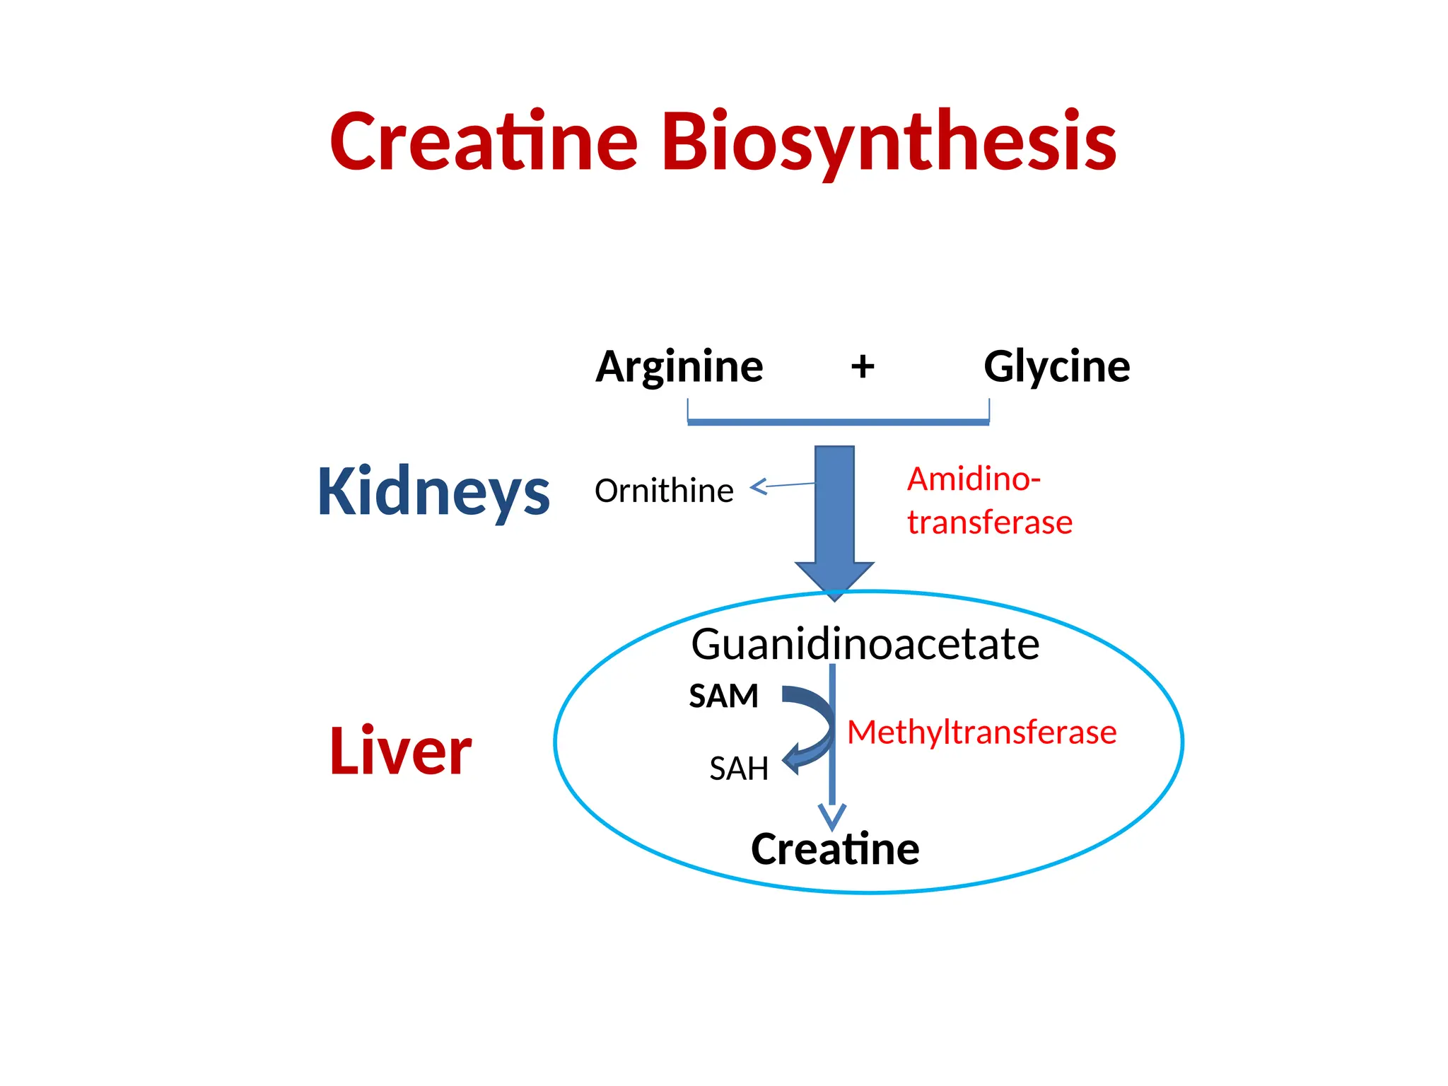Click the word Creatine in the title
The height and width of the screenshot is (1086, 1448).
(484, 142)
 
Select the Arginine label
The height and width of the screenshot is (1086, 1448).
(679, 367)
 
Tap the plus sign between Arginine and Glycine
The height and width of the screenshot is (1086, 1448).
(862, 367)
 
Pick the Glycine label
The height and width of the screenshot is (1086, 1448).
(1056, 367)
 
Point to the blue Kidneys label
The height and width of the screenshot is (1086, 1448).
(433, 492)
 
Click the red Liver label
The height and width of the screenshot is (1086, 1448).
(400, 751)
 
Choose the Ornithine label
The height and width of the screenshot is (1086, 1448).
(664, 491)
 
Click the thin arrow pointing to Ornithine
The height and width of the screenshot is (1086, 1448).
(778, 486)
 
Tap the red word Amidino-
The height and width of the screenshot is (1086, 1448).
(974, 479)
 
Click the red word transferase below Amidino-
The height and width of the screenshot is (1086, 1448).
(989, 522)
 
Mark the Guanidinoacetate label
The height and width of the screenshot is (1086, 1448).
(865, 644)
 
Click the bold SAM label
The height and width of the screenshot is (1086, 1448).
(723, 696)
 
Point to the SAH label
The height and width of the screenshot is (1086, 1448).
(739, 769)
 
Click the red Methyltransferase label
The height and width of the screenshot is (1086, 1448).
(981, 732)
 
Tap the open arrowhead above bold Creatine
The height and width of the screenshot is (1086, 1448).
(832, 817)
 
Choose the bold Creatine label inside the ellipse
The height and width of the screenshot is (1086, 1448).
(835, 849)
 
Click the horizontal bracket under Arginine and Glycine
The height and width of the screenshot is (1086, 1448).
(838, 422)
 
